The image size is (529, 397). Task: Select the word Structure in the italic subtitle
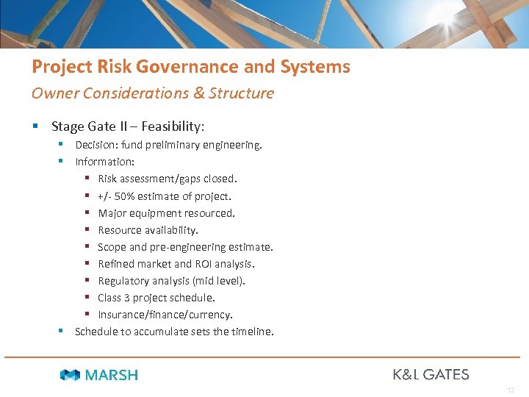pyautogui.click(x=241, y=93)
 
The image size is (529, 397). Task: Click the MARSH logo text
pyautogui.click(x=111, y=375)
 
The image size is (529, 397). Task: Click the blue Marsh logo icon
pyautogui.click(x=70, y=375)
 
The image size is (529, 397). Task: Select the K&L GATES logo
pyautogui.click(x=431, y=374)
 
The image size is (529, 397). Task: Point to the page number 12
pyautogui.click(x=511, y=390)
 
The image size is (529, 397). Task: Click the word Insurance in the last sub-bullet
pyautogui.click(x=122, y=315)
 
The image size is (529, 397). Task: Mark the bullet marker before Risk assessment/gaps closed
pyautogui.click(x=87, y=179)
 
